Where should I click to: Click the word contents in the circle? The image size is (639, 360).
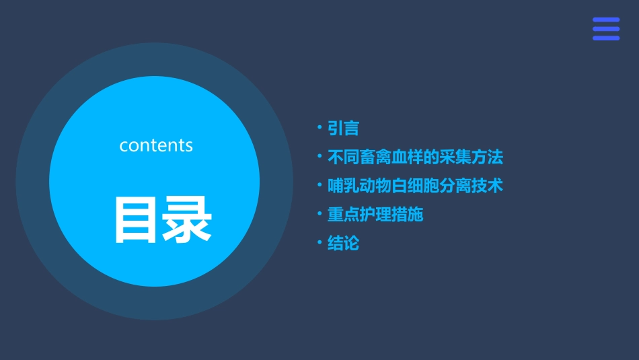click(x=156, y=145)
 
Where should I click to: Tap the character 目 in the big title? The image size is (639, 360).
click(x=136, y=219)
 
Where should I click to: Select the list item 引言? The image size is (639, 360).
click(x=343, y=128)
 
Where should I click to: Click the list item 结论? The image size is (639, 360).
click(x=343, y=243)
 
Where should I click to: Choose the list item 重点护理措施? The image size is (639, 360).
click(x=375, y=215)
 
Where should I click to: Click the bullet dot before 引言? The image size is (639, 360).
click(x=319, y=127)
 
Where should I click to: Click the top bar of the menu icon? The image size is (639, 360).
click(x=605, y=20)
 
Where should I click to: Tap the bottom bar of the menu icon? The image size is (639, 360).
click(x=605, y=38)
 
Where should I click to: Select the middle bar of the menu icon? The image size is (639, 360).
click(x=605, y=29)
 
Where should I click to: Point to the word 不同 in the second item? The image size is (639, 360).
click(x=343, y=157)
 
